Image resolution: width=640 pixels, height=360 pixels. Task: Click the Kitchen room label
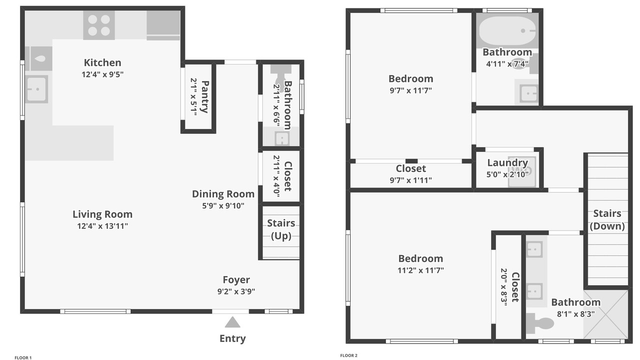[x=102, y=62]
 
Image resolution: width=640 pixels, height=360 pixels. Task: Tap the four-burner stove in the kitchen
[x=99, y=25]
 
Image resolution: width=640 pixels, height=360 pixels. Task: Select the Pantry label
[x=205, y=96]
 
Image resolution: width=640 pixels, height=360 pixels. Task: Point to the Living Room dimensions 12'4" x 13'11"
[x=102, y=226]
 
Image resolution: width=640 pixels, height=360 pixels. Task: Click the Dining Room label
[x=223, y=193]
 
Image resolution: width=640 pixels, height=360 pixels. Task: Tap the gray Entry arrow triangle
[x=232, y=322]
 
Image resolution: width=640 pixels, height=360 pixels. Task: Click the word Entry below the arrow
[x=232, y=338]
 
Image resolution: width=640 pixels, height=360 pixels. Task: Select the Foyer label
[x=236, y=279]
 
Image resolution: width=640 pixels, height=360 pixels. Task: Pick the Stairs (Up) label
[x=281, y=229]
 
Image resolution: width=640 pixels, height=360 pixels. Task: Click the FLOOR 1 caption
[x=23, y=357]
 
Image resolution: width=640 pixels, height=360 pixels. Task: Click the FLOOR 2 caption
[x=348, y=355]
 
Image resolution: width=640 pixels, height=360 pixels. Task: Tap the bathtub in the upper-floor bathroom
[x=507, y=30]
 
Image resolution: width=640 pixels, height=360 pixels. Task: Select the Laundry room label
[x=507, y=162]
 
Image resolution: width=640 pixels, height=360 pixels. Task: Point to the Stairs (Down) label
[x=607, y=219]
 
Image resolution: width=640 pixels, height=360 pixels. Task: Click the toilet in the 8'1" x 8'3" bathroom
[x=540, y=323]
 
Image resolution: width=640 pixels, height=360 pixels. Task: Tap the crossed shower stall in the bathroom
[x=605, y=314]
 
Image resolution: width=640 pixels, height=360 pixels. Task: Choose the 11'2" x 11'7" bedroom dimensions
[x=420, y=270]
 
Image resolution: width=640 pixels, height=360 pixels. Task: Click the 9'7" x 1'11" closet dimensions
[x=410, y=180]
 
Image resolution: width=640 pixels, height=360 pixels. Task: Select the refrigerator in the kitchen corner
[x=163, y=25]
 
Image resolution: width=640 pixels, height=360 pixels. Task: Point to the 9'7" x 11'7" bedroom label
[x=410, y=78]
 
